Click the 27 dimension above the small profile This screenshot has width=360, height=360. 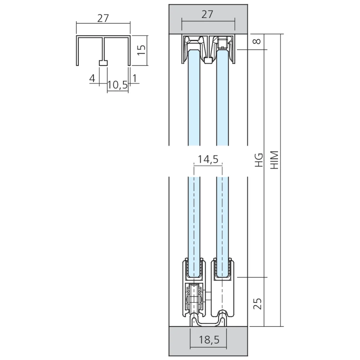[x=103, y=19]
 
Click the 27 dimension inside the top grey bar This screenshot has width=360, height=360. [x=208, y=14]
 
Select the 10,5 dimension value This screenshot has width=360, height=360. [x=117, y=85]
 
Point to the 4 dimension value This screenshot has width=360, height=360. [x=92, y=78]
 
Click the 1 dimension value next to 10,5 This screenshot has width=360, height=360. [x=134, y=78]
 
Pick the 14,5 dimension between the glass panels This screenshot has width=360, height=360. [x=208, y=159]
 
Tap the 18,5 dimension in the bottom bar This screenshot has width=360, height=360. [x=208, y=339]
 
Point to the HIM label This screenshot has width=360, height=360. [x=275, y=161]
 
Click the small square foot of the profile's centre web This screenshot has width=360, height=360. [x=103, y=63]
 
